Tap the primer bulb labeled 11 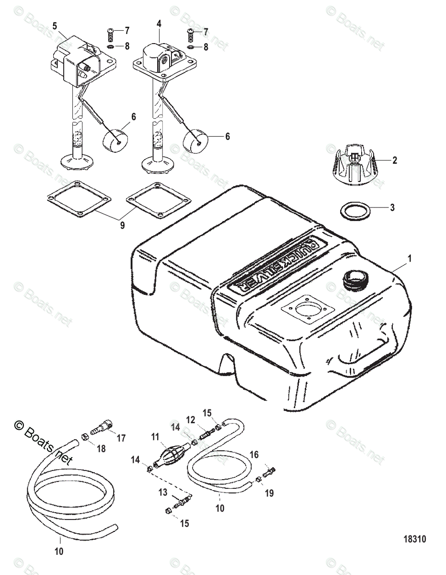pyautogui.click(x=171, y=452)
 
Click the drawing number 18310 pyautogui.click(x=413, y=539)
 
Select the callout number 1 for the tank pyautogui.click(x=409, y=258)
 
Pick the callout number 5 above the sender pyautogui.click(x=54, y=24)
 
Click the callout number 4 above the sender pyautogui.click(x=159, y=23)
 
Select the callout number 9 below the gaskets pyautogui.click(x=122, y=225)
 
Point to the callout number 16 pyautogui.click(x=254, y=454)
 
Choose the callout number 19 pyautogui.click(x=269, y=492)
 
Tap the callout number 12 pyautogui.click(x=191, y=420)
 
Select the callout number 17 pyautogui.click(x=120, y=437)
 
